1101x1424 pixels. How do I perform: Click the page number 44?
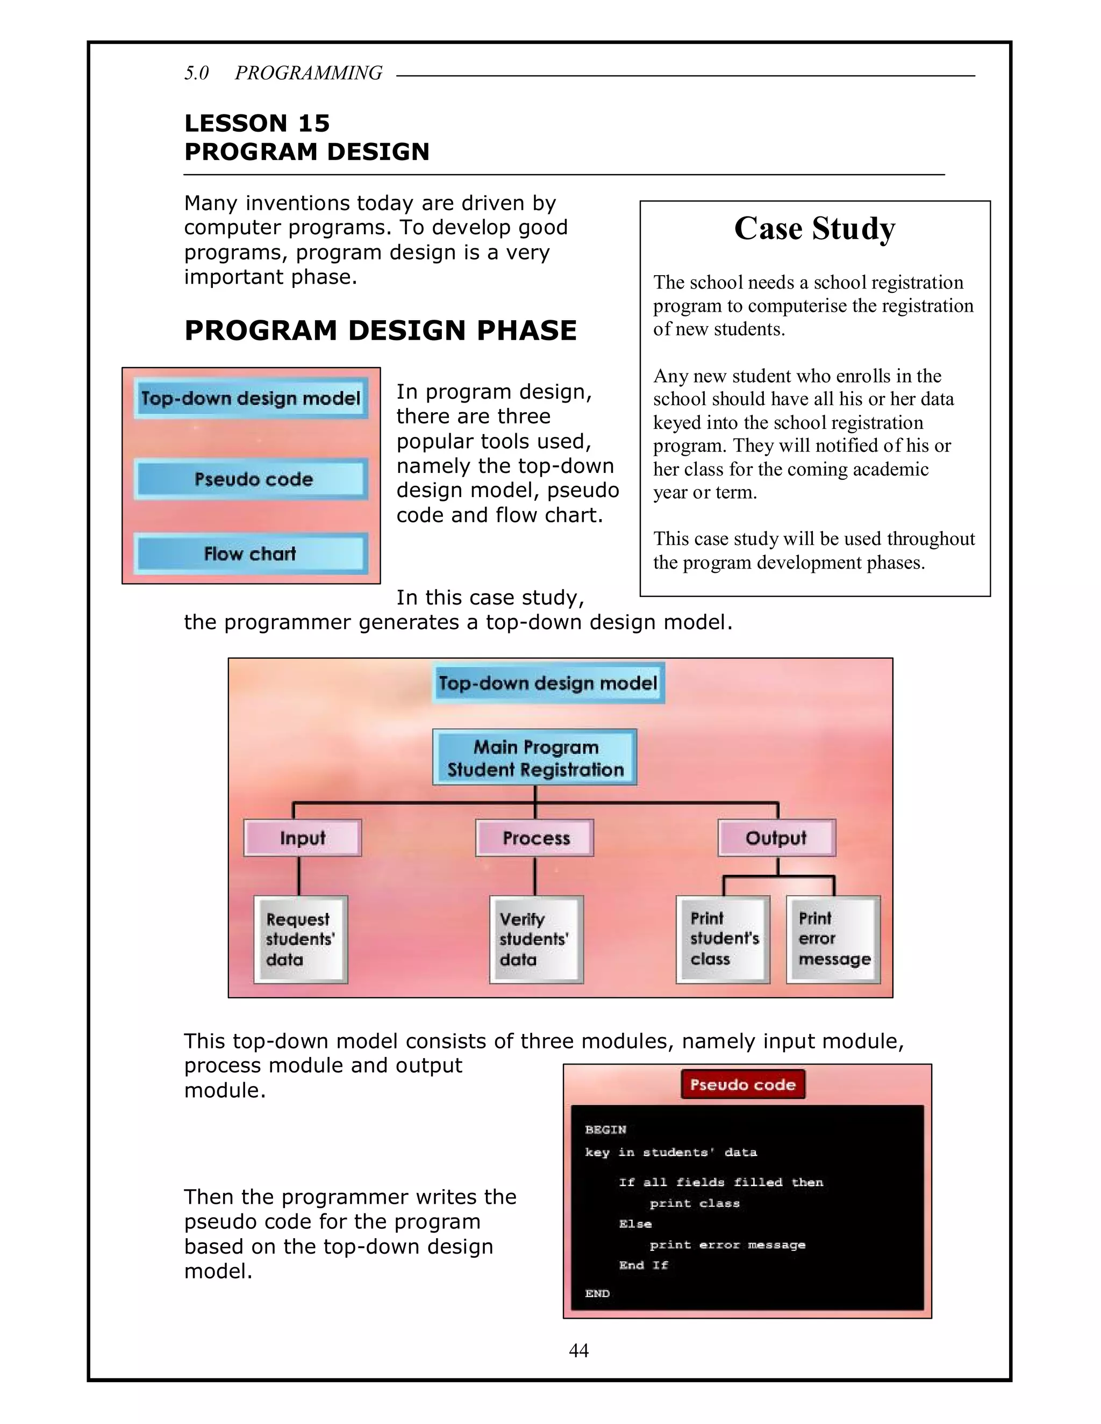(578, 1350)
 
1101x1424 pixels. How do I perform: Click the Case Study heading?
(814, 229)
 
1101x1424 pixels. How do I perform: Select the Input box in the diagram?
(303, 838)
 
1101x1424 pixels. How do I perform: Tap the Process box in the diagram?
(535, 838)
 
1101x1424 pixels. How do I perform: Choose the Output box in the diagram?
(776, 838)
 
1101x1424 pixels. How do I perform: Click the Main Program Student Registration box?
(535, 758)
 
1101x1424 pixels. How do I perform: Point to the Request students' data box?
(301, 939)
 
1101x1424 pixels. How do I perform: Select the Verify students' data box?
(536, 939)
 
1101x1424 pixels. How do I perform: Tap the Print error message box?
(833, 939)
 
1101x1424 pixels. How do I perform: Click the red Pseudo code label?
(743, 1084)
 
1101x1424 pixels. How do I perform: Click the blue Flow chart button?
(251, 553)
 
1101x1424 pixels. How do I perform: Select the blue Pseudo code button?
(251, 479)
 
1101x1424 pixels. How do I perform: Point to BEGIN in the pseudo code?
(605, 1130)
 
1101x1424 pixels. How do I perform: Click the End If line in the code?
(643, 1265)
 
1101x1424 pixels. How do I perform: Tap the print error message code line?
(727, 1244)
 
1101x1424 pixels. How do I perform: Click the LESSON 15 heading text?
(257, 123)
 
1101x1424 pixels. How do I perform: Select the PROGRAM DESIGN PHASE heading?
(380, 330)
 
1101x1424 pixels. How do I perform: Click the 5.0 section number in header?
(196, 73)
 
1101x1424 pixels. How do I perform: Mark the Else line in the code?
(635, 1223)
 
